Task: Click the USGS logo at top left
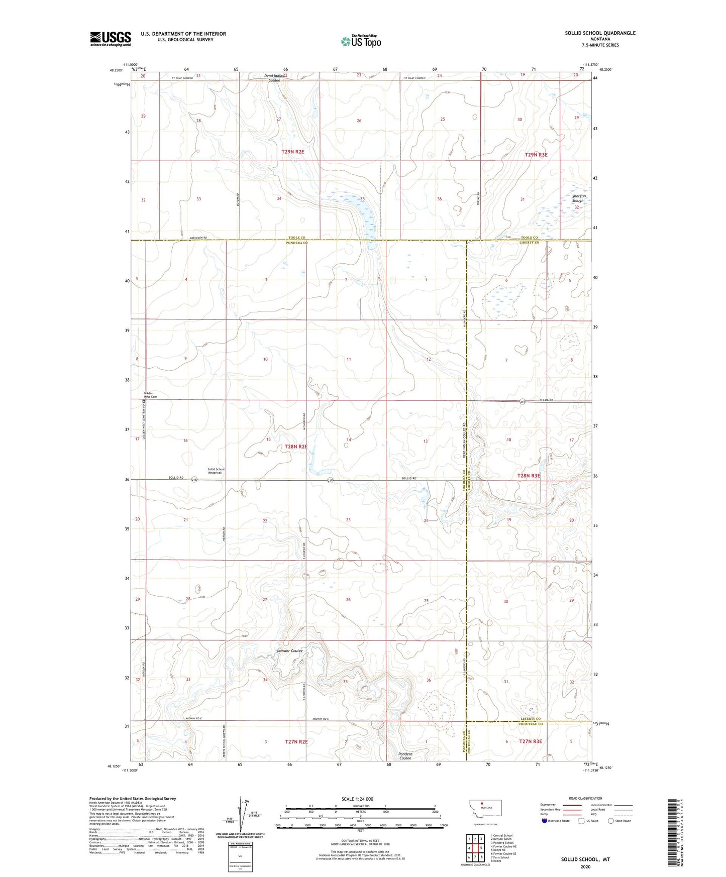pos(111,39)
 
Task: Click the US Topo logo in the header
pos(361,41)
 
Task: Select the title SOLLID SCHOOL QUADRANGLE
pos(600,33)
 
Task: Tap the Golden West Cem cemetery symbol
pos(143,402)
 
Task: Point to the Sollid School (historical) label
pos(215,471)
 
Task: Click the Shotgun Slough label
pos(578,198)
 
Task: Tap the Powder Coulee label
pos(290,651)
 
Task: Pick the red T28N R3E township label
pos(529,475)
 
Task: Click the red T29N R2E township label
pos(292,151)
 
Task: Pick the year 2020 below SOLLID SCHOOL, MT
pos(585,866)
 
